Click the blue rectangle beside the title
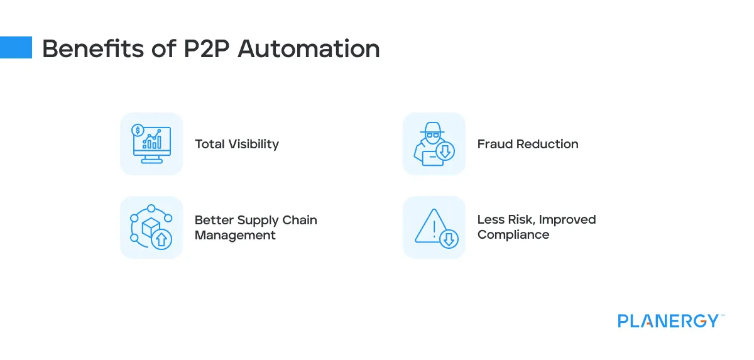[x=16, y=47]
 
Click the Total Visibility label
[x=236, y=144]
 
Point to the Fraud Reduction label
[x=528, y=144]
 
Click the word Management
[x=235, y=236]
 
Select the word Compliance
[x=513, y=235]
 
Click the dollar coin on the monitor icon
[x=137, y=131]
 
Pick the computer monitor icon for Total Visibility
[x=152, y=145]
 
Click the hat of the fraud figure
[x=431, y=130]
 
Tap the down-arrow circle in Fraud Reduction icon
[x=445, y=151]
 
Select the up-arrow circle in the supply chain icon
[x=161, y=239]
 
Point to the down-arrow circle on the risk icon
[x=449, y=239]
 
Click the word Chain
[x=300, y=221]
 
